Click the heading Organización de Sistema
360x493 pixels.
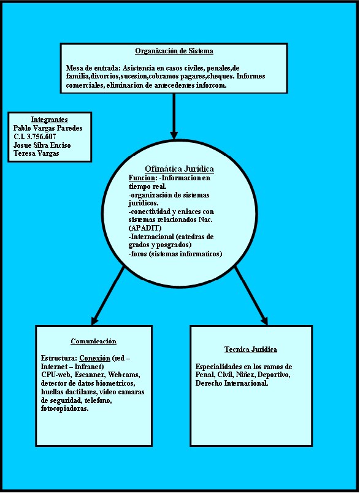click(x=174, y=51)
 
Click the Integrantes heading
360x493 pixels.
click(x=49, y=120)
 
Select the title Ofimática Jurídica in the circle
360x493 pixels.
click(x=179, y=169)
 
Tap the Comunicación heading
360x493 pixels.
click(x=94, y=341)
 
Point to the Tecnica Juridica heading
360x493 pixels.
click(x=251, y=350)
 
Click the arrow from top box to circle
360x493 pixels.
click(x=174, y=117)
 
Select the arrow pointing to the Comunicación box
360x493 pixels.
click(x=108, y=296)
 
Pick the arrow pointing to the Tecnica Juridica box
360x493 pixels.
click(x=251, y=296)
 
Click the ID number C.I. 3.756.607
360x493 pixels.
click(x=34, y=137)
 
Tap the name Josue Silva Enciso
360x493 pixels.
click(x=42, y=145)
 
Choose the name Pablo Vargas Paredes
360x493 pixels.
click(x=48, y=128)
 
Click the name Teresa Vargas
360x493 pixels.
click(x=36, y=154)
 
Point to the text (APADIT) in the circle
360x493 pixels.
click(x=145, y=228)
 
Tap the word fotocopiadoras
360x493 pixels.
click(x=65, y=409)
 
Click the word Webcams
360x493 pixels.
click(x=126, y=375)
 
